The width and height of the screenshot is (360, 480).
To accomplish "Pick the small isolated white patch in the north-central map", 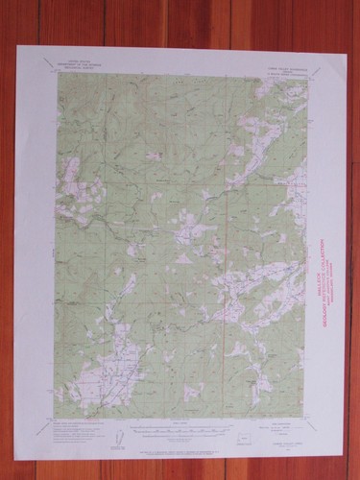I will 154,154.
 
